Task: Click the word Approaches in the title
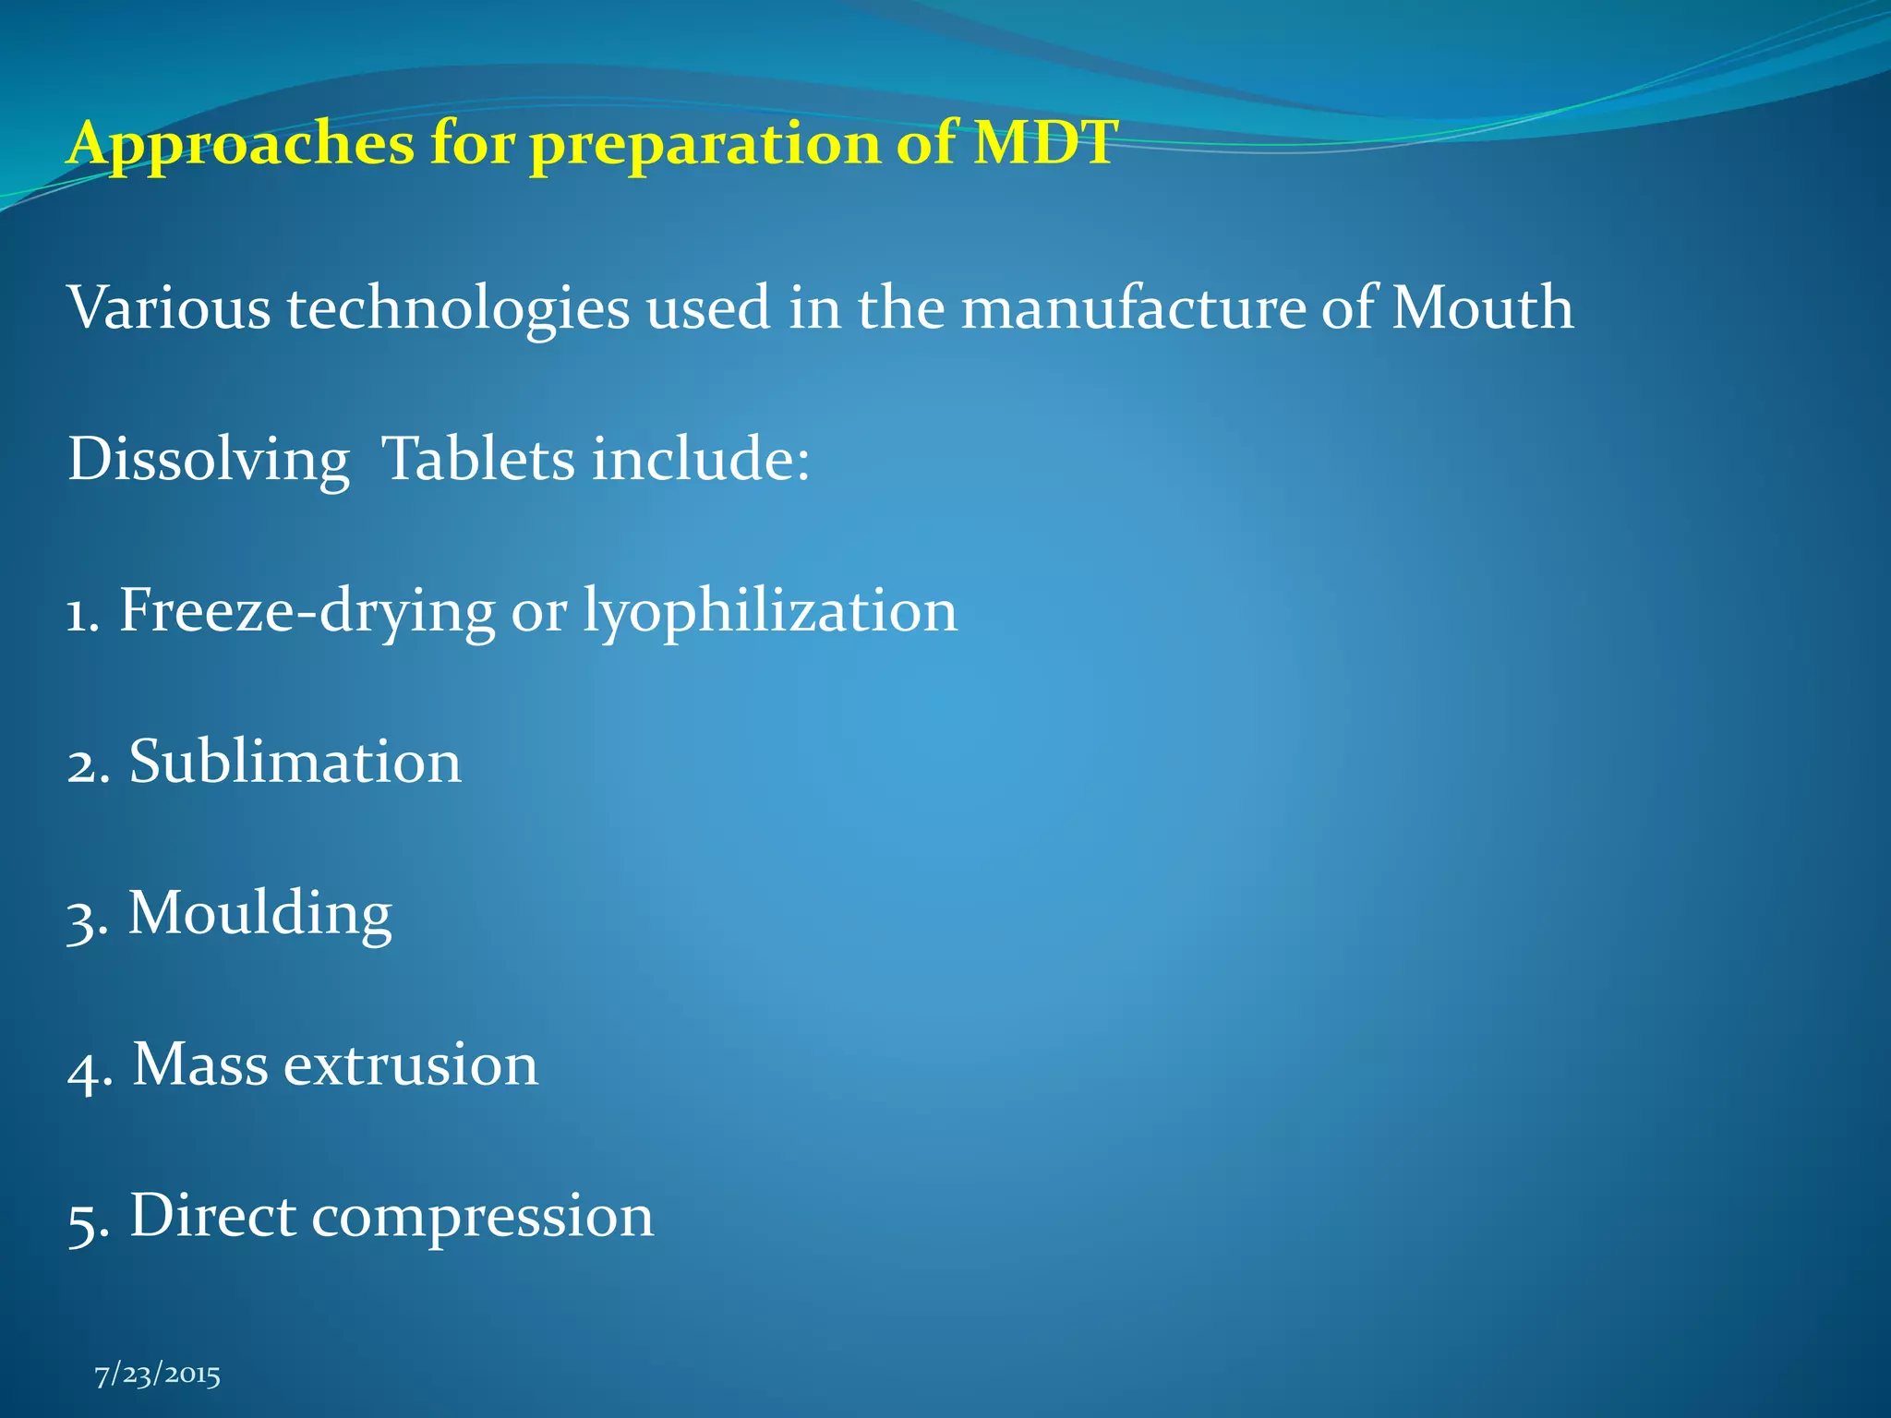(x=241, y=145)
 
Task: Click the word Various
(x=169, y=307)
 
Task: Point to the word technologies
(x=458, y=309)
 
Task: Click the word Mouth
(x=1481, y=307)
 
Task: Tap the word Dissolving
(x=209, y=460)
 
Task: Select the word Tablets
(x=477, y=459)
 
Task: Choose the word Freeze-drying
(x=307, y=611)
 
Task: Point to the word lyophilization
(x=770, y=611)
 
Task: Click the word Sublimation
(x=295, y=763)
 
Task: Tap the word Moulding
(x=259, y=914)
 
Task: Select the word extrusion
(x=410, y=1065)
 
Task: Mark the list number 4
(x=85, y=1069)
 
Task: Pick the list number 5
(x=85, y=1220)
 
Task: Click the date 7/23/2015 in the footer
(x=158, y=1375)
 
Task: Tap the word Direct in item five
(x=212, y=1216)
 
